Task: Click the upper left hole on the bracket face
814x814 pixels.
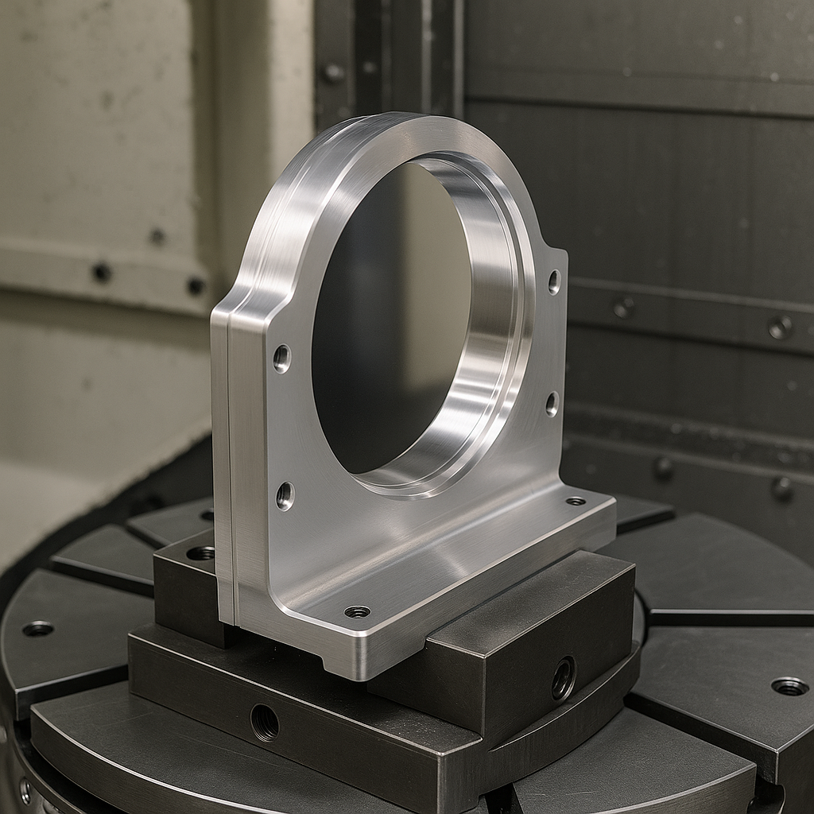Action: [282, 359]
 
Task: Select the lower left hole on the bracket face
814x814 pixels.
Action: [285, 496]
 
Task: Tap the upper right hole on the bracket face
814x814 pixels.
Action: [554, 281]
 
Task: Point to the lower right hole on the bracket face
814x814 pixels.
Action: [552, 404]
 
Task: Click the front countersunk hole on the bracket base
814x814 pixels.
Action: [357, 611]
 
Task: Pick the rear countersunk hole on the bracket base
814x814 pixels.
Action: [576, 501]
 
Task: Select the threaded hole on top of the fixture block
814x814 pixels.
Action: [200, 552]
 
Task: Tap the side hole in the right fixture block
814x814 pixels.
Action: [564, 677]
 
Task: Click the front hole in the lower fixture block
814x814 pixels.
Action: [265, 722]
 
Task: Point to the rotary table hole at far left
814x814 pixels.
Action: [37, 629]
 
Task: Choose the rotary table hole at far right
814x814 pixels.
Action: [789, 685]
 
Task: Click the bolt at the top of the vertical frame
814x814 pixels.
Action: [331, 73]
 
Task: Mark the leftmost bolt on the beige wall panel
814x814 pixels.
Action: [101, 273]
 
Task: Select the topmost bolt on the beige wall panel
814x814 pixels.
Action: [157, 236]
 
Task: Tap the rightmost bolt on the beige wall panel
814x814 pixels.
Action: [196, 285]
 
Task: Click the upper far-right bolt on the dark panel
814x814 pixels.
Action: [779, 327]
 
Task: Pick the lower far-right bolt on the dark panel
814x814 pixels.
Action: [782, 488]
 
